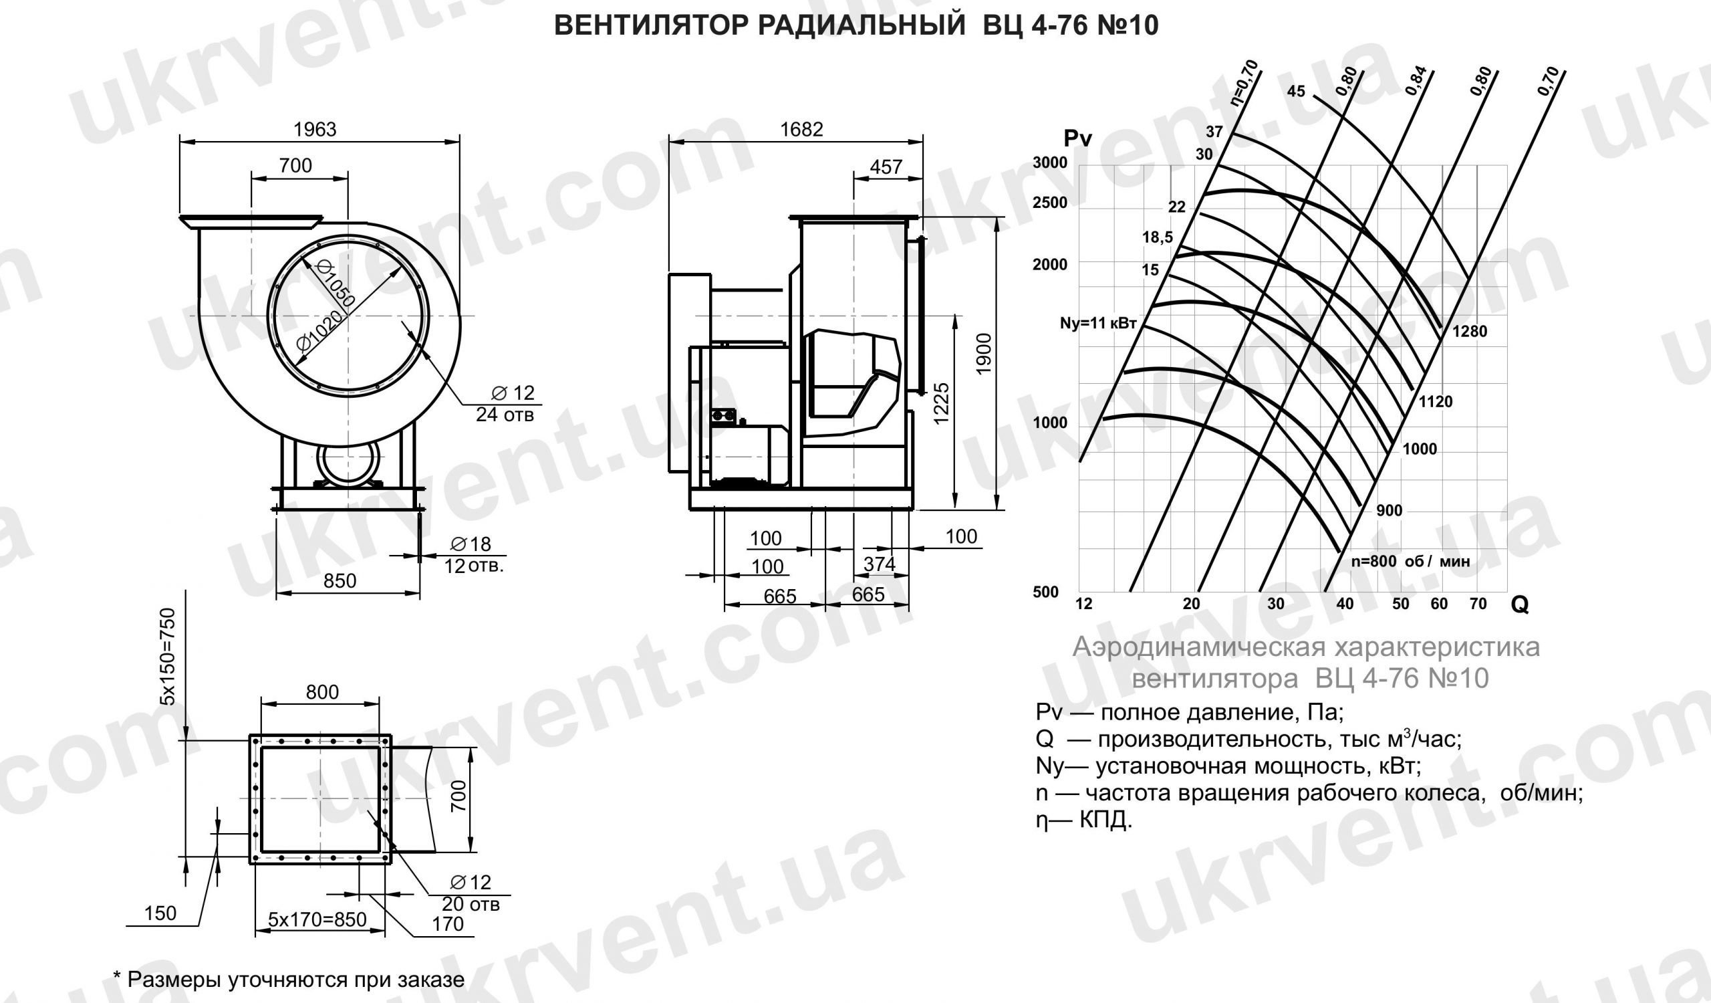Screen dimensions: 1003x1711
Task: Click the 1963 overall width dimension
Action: click(314, 129)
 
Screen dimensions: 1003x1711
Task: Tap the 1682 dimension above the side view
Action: click(801, 129)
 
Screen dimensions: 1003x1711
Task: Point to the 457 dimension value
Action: click(886, 166)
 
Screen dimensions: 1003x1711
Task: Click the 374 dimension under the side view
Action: click(880, 564)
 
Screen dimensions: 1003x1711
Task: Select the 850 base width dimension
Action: click(340, 580)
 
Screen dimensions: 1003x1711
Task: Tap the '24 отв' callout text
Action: click(505, 415)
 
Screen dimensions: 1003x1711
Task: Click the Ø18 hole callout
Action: click(471, 543)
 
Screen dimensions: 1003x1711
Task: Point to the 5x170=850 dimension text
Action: click(317, 919)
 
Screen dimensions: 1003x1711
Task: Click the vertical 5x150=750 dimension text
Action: click(168, 656)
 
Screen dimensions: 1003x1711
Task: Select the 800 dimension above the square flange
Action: click(322, 692)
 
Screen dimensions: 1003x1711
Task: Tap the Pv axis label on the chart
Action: click(1077, 138)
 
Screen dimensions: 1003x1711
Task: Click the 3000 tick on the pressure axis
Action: click(1050, 163)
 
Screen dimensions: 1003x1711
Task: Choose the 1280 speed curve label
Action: click(1470, 332)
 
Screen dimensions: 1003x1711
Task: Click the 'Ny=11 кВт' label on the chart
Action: click(1098, 323)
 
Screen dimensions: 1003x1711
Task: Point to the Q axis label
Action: click(1521, 604)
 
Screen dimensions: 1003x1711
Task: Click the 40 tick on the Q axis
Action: click(1344, 604)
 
